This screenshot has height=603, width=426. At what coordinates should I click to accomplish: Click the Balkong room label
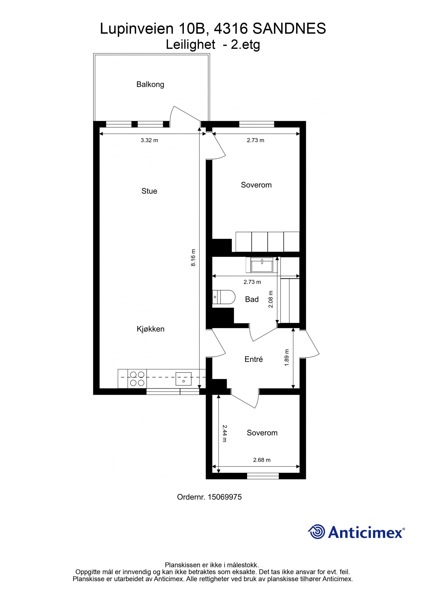click(x=150, y=84)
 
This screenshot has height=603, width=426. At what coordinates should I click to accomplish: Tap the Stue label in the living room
click(x=149, y=191)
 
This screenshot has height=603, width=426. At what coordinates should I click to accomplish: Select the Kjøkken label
click(x=150, y=329)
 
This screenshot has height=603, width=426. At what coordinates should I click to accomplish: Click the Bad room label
click(x=252, y=299)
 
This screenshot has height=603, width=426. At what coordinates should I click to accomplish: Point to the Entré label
click(x=253, y=359)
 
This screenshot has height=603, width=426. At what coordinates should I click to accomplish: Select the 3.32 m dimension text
click(x=149, y=140)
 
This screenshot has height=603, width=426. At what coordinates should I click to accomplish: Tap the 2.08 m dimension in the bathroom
click(x=271, y=299)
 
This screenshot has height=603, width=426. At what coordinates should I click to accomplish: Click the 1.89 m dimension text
click(x=286, y=358)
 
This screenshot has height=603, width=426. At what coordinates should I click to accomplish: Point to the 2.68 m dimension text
click(x=262, y=460)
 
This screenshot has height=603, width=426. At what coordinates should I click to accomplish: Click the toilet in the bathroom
click(x=224, y=297)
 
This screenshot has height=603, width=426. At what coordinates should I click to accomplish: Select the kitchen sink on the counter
click(x=183, y=379)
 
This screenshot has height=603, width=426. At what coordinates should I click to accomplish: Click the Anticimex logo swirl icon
click(x=317, y=532)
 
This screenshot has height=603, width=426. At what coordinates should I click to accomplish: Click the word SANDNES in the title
click(x=289, y=29)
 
